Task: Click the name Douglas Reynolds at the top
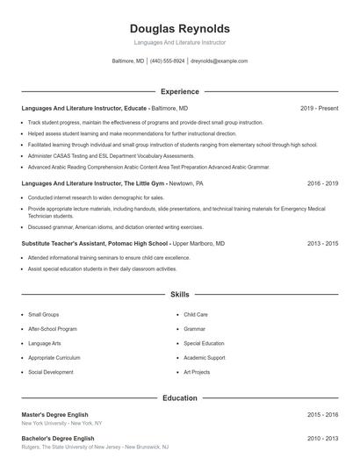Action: click(180, 29)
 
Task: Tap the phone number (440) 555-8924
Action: click(167, 61)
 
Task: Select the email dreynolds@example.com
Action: click(219, 61)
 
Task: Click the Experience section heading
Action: click(180, 91)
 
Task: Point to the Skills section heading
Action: click(180, 296)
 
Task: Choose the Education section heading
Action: click(180, 397)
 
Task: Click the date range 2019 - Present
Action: click(319, 108)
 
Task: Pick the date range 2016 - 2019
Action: click(322, 184)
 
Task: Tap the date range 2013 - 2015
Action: click(322, 243)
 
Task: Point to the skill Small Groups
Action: click(44, 314)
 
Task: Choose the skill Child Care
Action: click(196, 314)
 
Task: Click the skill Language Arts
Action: click(45, 343)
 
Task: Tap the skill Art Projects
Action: click(197, 372)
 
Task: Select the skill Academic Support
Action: click(205, 358)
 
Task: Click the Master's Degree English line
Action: click(54, 414)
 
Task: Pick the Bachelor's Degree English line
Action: click(57, 438)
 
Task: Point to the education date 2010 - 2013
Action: click(322, 438)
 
